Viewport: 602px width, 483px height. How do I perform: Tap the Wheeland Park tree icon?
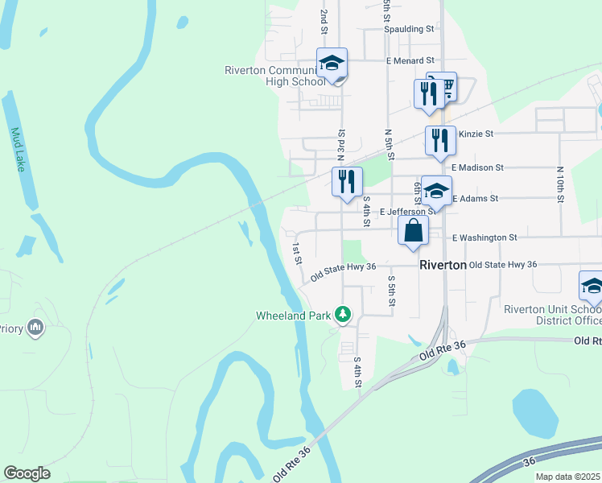point(344,314)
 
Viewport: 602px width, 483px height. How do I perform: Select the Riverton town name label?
point(443,265)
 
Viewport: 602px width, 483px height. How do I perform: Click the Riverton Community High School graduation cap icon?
point(332,64)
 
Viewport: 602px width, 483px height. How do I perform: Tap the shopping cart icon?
point(442,86)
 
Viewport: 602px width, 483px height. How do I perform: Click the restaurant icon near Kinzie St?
point(440,139)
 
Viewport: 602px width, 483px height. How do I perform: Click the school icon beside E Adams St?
point(436,190)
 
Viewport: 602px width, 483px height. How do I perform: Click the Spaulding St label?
point(408,29)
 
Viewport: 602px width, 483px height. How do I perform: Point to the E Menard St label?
point(410,60)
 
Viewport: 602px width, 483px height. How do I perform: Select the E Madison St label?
point(477,167)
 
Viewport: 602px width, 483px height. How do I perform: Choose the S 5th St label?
point(392,290)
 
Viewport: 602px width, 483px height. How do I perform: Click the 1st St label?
point(297,254)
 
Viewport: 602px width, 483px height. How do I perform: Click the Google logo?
point(27,473)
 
